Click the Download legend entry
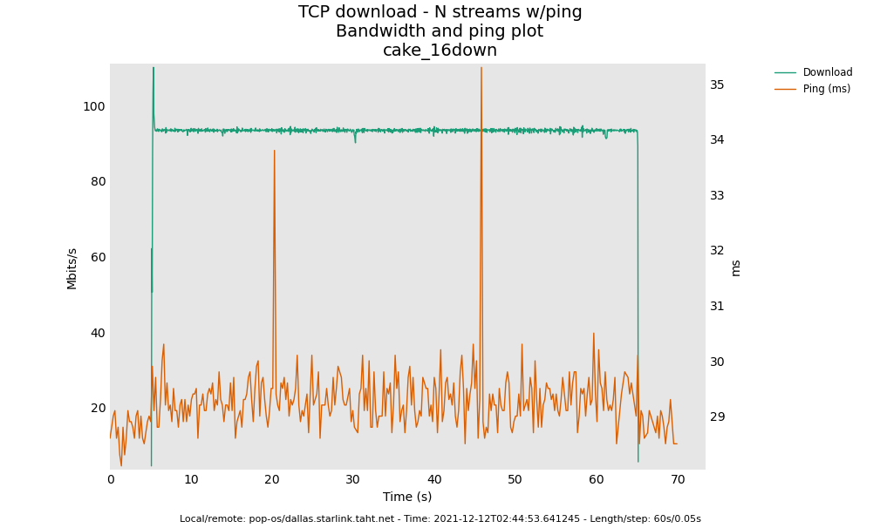click(827, 72)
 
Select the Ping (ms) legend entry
click(826, 89)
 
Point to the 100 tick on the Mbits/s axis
click(93, 106)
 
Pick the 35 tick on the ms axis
click(717, 85)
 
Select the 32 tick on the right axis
click(717, 251)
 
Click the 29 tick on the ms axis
click(717, 416)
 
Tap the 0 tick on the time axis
click(111, 479)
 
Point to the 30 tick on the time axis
click(353, 479)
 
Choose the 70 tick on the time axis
click(678, 479)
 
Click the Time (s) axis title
click(407, 497)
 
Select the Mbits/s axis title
click(72, 268)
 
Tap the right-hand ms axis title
click(735, 267)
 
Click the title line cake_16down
click(440, 51)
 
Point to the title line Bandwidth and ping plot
click(440, 31)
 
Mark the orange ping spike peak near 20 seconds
click(274, 151)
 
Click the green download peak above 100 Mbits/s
click(153, 69)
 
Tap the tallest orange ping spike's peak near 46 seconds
click(481, 69)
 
